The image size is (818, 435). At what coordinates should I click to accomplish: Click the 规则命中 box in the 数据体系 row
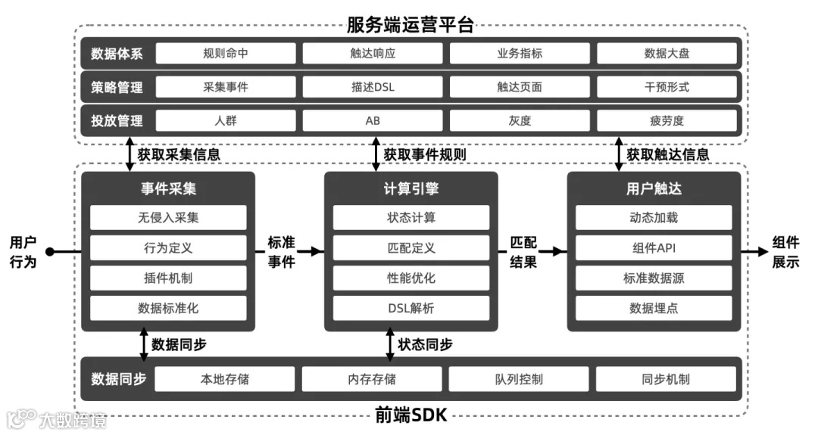click(x=225, y=54)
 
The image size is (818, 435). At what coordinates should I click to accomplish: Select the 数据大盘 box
click(x=667, y=54)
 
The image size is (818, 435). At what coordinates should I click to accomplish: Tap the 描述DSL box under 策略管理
click(x=373, y=87)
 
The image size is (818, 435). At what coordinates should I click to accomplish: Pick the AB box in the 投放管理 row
click(x=373, y=120)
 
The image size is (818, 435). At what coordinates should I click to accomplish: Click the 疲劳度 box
click(x=667, y=120)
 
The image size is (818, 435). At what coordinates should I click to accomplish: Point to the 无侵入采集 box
click(x=168, y=218)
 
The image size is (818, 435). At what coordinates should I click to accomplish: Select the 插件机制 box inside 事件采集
click(x=168, y=278)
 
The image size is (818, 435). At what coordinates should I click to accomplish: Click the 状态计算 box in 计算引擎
click(x=411, y=218)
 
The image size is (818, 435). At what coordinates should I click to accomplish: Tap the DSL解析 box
click(x=411, y=308)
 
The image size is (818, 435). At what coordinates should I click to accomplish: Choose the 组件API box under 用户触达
click(x=654, y=248)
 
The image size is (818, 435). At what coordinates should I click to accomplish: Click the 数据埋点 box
click(x=654, y=308)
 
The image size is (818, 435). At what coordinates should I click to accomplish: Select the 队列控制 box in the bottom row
click(x=519, y=379)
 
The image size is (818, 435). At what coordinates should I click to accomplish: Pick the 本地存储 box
click(x=225, y=379)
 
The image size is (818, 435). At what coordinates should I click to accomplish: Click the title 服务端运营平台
click(x=410, y=25)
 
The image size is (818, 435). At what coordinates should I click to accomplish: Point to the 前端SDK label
click(x=410, y=415)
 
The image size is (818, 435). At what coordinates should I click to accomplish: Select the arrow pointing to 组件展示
click(x=754, y=252)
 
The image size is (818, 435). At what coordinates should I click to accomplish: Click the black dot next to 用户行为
click(x=50, y=252)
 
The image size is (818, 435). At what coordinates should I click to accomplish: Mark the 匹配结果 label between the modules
click(x=523, y=252)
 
